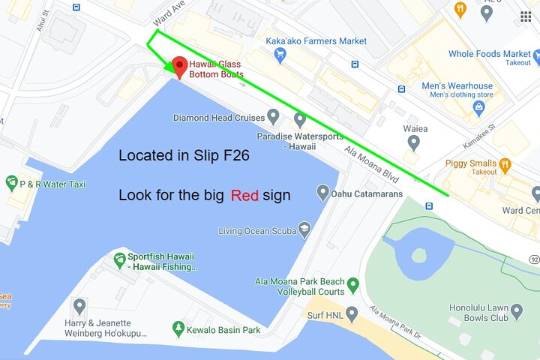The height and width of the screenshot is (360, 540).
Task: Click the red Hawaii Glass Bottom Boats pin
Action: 179,67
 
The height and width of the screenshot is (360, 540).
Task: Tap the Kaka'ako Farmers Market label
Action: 316,41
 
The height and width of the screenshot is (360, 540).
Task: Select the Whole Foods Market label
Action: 489,54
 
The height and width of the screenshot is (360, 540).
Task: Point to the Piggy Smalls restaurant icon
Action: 505,163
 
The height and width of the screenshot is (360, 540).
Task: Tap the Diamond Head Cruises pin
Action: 274,117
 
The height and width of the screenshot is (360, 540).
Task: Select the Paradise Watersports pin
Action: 299,119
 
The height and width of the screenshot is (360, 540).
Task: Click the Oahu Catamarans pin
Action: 323,193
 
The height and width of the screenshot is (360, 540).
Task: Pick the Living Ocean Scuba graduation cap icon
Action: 304,229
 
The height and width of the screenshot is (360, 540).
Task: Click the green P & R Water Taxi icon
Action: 11,182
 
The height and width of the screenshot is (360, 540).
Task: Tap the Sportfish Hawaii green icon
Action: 119,260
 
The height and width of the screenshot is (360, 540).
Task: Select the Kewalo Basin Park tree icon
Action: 178,329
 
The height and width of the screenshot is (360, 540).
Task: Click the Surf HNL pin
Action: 352,313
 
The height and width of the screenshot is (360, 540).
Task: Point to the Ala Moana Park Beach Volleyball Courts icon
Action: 353,285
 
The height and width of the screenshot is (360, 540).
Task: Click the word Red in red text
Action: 244,196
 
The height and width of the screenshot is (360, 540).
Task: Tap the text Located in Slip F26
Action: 184,157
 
